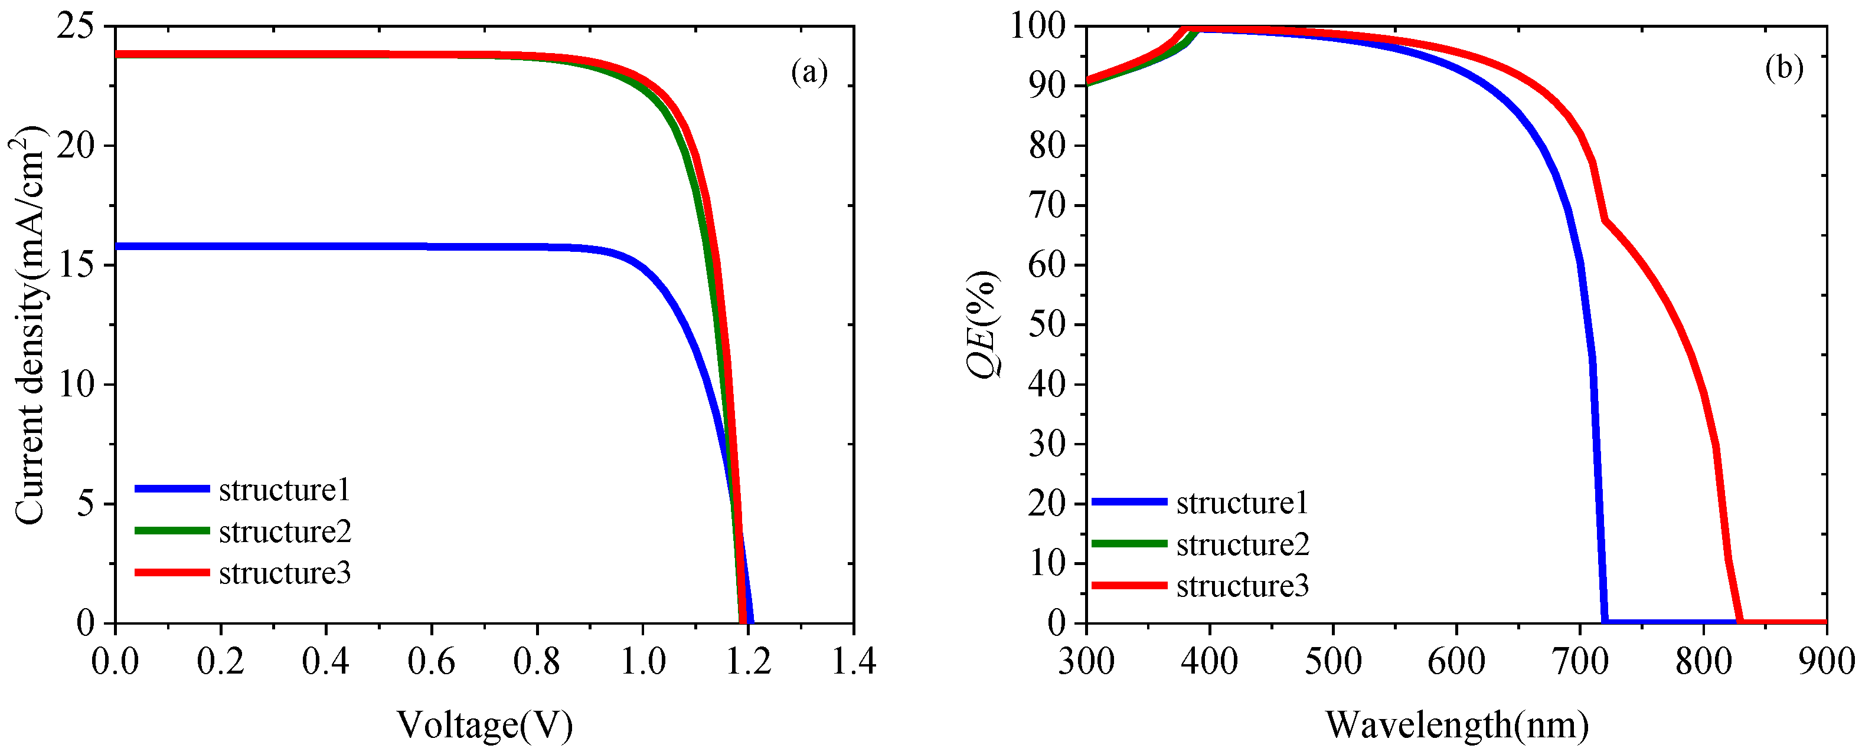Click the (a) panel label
click(809, 72)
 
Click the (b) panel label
click(1784, 68)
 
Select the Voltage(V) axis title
click(485, 726)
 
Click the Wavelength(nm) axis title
click(1456, 726)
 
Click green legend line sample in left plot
click(172, 531)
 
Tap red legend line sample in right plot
click(1129, 585)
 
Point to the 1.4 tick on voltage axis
click(854, 662)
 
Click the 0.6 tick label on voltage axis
click(432, 662)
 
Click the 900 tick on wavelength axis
click(1826, 662)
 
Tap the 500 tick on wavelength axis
click(1333, 662)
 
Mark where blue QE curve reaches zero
click(1605, 621)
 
